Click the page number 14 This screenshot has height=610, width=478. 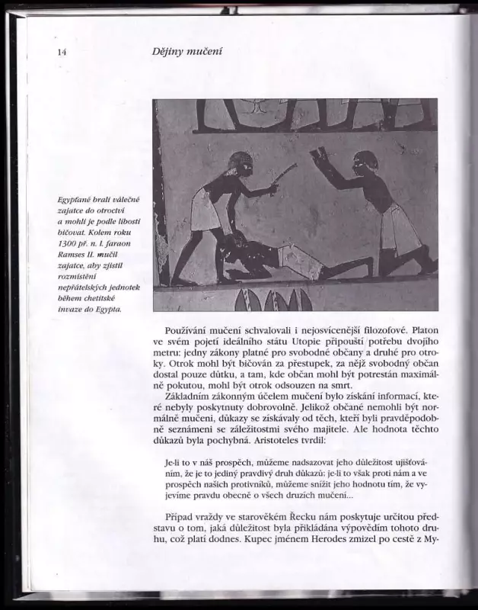click(x=62, y=52)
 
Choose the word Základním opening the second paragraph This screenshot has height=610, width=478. click(x=193, y=397)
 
